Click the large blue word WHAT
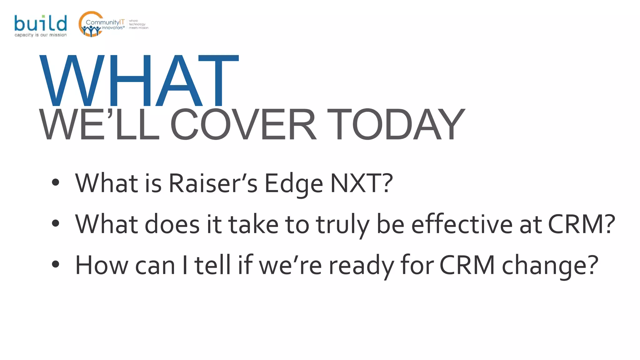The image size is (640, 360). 139,81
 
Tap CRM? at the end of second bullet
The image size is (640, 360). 582,224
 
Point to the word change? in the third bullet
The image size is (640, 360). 550,266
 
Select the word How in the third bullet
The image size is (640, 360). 102,265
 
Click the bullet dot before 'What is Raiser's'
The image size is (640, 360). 56,182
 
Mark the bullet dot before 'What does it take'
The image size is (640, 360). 56,223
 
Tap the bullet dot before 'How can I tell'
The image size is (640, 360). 56,264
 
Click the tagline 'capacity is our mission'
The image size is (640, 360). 41,35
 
